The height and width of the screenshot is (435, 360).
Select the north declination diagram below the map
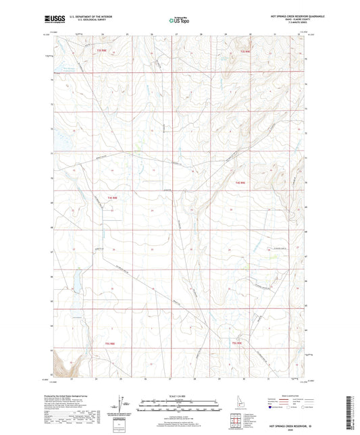(121, 405)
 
